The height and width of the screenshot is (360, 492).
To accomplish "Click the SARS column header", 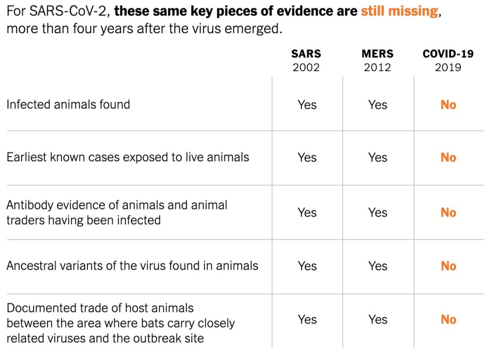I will (306, 54).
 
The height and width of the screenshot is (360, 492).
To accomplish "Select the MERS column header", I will (377, 54).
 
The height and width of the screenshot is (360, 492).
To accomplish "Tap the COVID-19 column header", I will (448, 54).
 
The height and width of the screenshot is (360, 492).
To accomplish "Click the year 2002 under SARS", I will (306, 67).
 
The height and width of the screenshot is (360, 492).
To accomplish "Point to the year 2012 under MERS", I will (377, 67).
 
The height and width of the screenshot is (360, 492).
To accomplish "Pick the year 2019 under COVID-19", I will (448, 67).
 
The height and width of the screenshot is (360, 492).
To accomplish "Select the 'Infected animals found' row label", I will (68, 104).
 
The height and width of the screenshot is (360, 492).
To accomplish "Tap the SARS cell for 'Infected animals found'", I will (307, 105).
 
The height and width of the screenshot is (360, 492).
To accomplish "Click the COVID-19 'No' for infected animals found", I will (448, 105).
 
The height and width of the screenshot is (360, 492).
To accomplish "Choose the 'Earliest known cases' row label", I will (128, 157).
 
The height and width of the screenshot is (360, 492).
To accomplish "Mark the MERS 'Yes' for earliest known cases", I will (378, 157).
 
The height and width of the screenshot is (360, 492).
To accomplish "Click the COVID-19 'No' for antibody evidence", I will (448, 212).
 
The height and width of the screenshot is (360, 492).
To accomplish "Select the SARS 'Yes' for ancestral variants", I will (307, 266).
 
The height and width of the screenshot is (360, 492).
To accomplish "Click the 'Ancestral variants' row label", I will (132, 265).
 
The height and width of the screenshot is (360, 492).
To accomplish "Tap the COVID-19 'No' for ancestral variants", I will (448, 266).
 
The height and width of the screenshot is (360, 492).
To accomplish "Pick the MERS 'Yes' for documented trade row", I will (378, 320).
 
